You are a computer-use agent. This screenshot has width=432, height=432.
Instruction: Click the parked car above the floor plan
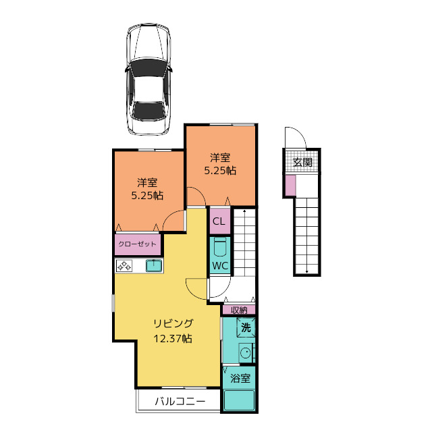click(148, 80)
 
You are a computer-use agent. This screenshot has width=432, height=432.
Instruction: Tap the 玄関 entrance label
click(302, 162)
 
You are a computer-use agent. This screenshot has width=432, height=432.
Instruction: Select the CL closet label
click(219, 221)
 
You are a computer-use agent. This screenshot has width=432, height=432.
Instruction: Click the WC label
click(220, 266)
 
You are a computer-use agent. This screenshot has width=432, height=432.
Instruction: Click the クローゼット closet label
click(137, 244)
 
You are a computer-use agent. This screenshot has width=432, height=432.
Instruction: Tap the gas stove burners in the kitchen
click(124, 266)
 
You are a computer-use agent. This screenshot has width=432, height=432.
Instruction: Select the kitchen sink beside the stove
click(153, 266)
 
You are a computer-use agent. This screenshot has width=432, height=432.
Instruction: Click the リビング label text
click(173, 323)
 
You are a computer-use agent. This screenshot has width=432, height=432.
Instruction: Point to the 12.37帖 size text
click(173, 338)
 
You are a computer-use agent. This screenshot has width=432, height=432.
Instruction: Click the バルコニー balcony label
click(180, 401)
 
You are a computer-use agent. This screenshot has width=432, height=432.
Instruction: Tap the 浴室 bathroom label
click(240, 378)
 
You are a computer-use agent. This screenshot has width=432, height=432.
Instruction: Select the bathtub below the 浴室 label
click(239, 400)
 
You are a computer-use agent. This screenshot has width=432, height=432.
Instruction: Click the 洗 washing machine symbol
click(246, 327)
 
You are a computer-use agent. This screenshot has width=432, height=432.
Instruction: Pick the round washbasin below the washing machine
click(245, 352)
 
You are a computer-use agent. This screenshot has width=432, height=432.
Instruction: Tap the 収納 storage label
click(239, 310)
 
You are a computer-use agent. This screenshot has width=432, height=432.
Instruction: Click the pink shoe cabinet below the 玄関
click(290, 186)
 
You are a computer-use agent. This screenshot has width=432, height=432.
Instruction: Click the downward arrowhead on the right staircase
click(307, 271)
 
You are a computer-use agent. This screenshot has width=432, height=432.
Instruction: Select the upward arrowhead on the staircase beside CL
click(244, 211)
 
